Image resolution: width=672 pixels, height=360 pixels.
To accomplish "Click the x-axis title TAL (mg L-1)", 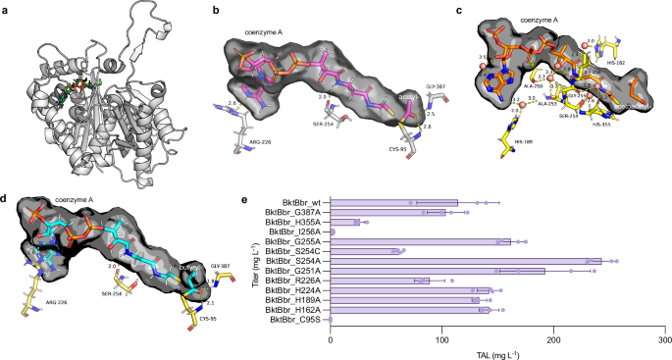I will click(497, 352).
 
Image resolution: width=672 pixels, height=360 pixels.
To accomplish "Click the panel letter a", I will click(7, 8).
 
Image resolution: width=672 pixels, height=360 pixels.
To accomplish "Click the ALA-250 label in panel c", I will click(536, 86).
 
